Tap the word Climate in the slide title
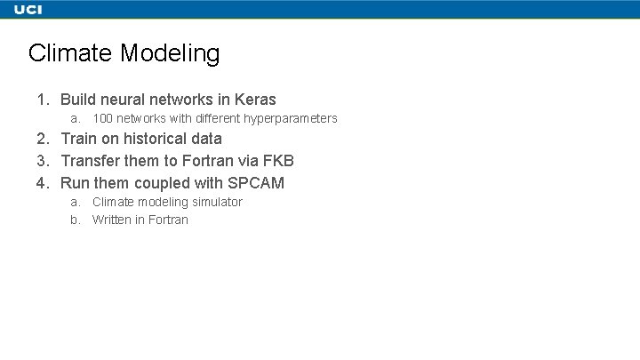pyautogui.click(x=70, y=53)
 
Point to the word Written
pyautogui.click(x=112, y=220)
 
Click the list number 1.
pyautogui.click(x=42, y=100)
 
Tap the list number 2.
pyautogui.click(x=42, y=139)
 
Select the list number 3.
pyautogui.click(x=42, y=161)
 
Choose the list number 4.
pyautogui.click(x=42, y=183)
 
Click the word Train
pyautogui.click(x=78, y=139)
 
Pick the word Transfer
pyautogui.click(x=90, y=161)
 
